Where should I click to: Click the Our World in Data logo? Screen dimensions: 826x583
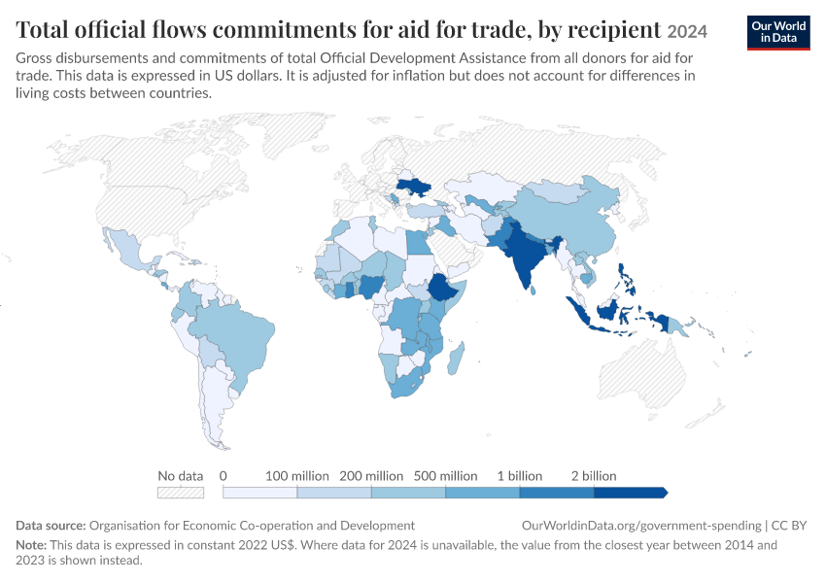coord(778,33)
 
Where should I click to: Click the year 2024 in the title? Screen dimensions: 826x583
coord(687,32)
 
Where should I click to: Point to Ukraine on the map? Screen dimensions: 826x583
coord(414,187)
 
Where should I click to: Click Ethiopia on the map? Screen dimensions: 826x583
coord(442,288)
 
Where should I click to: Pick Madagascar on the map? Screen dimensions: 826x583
coord(456,359)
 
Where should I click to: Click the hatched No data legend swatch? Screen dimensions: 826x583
coord(181,493)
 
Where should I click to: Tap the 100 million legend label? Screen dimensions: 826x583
coord(297,476)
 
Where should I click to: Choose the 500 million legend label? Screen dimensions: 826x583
coord(446,476)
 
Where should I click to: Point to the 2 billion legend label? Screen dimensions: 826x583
coord(594,476)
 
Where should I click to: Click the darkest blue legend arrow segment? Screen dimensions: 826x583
coord(631,493)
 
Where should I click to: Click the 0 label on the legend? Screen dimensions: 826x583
coord(224,476)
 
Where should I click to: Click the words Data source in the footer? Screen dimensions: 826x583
coord(51,526)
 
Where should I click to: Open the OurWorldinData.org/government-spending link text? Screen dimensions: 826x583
coord(641,526)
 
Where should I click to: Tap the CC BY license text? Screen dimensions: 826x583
coord(789,526)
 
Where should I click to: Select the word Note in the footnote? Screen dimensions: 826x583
coord(31,544)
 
